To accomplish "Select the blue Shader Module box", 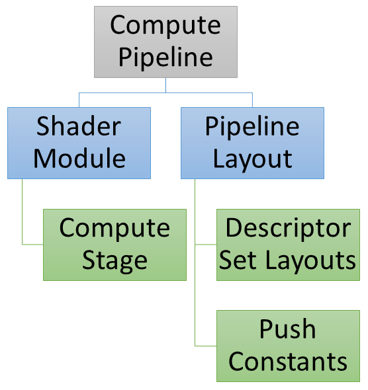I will [x=79, y=143].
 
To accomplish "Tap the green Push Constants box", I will [x=288, y=346].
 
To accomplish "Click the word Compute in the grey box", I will [x=165, y=26].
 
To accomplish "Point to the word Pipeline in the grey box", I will [x=165, y=58].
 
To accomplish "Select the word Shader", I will [x=79, y=126].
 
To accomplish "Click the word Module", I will [x=79, y=159].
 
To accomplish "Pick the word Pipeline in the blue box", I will [x=252, y=126].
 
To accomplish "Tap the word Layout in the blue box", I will [x=252, y=159].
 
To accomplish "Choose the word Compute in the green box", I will [x=115, y=228].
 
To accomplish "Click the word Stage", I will [x=115, y=260].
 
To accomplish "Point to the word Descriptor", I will [x=288, y=228].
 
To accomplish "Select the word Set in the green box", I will [x=234, y=260].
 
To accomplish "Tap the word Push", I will [x=288, y=329].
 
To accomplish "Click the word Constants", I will [x=288, y=362].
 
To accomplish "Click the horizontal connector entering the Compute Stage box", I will [x=33, y=245].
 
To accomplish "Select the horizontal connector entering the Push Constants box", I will [x=206, y=346].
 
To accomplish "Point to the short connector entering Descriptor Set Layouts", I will [x=206, y=245].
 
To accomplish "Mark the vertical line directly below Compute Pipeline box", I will [x=165, y=85].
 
